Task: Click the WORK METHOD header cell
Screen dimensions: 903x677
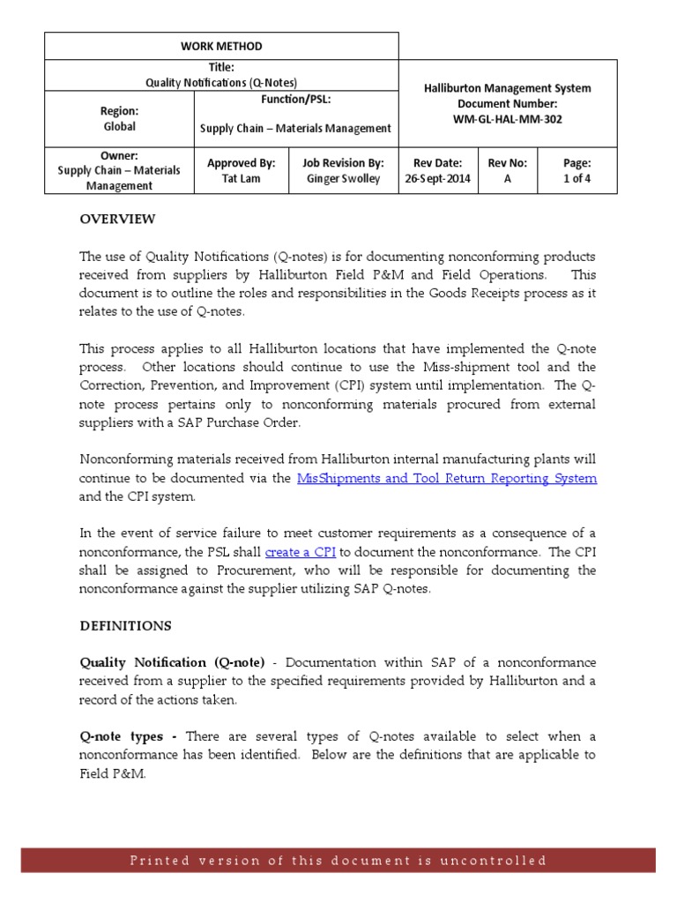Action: pos(221,46)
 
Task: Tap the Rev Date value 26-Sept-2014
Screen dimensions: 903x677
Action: pos(437,178)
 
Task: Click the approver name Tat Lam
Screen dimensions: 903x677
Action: pos(241,178)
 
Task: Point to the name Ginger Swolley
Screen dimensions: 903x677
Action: pos(343,178)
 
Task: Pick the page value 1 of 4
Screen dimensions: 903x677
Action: pos(577,178)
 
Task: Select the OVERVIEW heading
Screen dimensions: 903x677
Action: pos(117,219)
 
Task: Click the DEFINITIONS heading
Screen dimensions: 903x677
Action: pos(126,625)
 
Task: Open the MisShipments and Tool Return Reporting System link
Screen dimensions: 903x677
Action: pos(447,478)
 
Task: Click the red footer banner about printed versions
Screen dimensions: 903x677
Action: pos(338,860)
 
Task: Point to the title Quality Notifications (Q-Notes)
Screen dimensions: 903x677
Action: pos(221,82)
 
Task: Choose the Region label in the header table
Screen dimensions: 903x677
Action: pos(119,111)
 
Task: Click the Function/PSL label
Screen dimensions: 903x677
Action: pos(295,99)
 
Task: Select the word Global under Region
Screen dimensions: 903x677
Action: pos(119,126)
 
